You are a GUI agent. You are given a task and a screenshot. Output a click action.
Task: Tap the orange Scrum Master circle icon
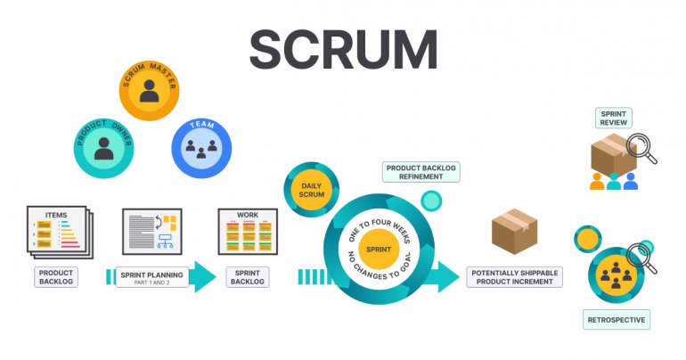click(149, 90)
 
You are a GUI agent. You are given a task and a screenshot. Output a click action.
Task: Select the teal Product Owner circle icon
click(103, 147)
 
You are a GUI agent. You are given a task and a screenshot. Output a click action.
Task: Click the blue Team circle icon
click(200, 147)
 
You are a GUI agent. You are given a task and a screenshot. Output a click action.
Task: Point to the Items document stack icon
click(59, 233)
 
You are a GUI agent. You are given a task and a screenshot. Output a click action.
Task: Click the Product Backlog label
click(56, 276)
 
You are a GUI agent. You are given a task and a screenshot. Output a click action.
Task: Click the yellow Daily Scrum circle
click(311, 192)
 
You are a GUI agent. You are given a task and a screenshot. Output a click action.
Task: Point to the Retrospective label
click(616, 319)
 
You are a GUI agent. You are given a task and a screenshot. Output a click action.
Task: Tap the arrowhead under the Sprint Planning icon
click(202, 277)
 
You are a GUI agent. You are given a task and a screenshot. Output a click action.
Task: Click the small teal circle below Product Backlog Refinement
click(431, 200)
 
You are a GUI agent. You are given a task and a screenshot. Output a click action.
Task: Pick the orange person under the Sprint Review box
click(596, 182)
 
